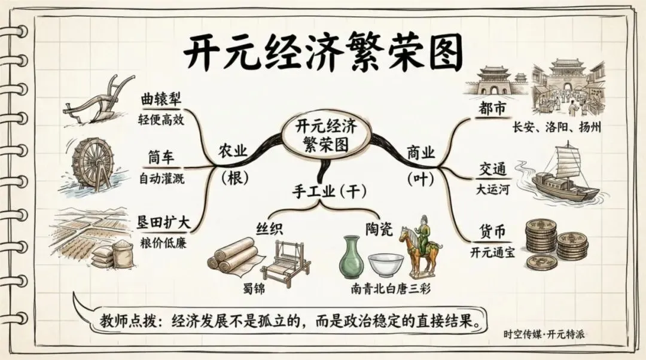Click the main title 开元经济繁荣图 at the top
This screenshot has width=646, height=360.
pos(323,53)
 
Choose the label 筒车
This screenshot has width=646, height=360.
pos(161,158)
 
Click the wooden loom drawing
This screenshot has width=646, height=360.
pos(285,263)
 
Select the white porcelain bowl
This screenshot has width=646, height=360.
pos(385,264)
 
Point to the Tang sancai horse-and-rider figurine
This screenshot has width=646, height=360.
pos(421,245)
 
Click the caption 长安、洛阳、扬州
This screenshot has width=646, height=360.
pos(556,127)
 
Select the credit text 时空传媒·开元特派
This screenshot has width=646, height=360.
pos(544,334)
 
